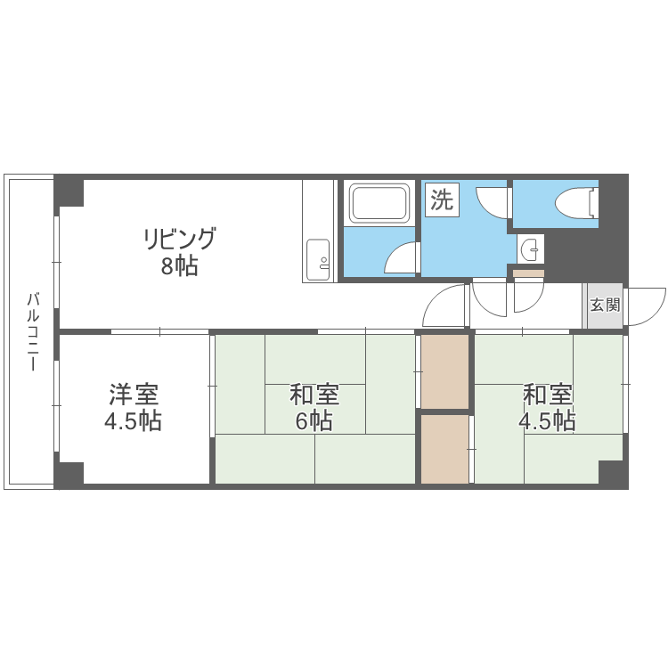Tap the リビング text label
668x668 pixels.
[x=179, y=239]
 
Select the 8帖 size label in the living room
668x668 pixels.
[x=179, y=266]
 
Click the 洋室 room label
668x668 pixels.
[x=134, y=393]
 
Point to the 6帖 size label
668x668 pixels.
[x=314, y=420]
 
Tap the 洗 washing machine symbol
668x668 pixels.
[x=441, y=200]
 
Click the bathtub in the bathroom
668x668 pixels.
[x=379, y=203]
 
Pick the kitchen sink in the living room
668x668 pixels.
[x=319, y=258]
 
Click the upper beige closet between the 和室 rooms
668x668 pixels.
[x=444, y=371]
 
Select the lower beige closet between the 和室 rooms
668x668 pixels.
[x=444, y=449]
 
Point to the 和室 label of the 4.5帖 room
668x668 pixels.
[x=547, y=394]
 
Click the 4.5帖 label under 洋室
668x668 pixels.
[x=134, y=420]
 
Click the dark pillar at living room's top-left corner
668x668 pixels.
[x=69, y=191]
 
